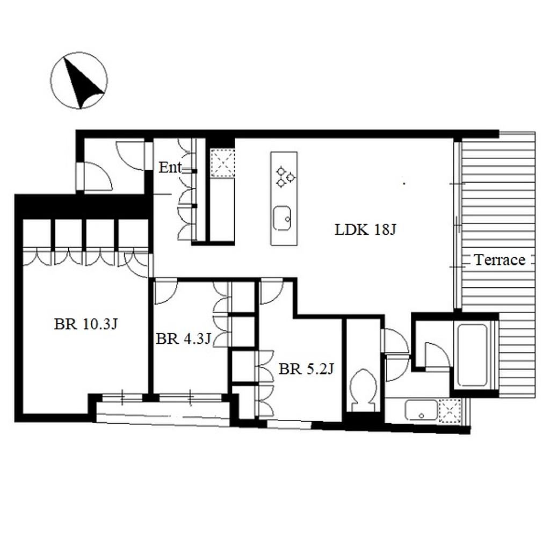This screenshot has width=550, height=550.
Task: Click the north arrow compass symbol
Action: point(79,81)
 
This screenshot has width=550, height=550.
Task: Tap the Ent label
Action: point(170,168)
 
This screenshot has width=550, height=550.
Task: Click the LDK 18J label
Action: point(365,230)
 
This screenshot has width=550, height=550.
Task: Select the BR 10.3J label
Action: point(85,324)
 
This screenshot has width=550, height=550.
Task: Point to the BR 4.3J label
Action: point(183,339)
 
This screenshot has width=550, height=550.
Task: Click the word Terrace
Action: point(500,260)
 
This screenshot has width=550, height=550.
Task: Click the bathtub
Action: point(473,356)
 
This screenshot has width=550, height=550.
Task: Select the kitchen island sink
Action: point(282,218)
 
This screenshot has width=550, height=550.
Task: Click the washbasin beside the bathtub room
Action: point(421,410)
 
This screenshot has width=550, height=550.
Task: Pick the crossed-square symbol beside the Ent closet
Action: point(222,163)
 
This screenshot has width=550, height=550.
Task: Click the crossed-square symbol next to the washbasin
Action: point(450,410)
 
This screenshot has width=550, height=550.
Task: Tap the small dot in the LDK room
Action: point(404,183)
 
